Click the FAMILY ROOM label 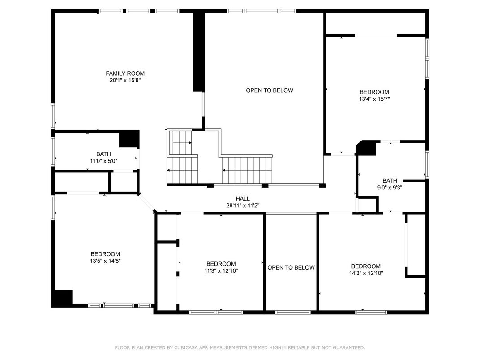tap(125, 73)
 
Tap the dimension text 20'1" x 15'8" tap(125, 81)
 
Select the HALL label tap(243, 199)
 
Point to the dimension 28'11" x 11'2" tap(243, 206)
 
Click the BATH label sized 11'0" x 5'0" tap(103, 154)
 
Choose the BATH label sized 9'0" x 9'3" tap(390, 180)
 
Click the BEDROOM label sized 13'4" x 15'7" tap(374, 92)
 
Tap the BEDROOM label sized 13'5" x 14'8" tap(105, 254)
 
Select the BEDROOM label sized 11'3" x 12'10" tap(221, 264)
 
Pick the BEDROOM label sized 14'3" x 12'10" tap(366, 266)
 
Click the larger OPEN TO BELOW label tap(270, 90)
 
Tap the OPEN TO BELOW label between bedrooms tap(291, 268)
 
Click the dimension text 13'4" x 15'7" tap(374, 99)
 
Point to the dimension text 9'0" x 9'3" tap(390, 188)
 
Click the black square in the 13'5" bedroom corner tap(62, 298)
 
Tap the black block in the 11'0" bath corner tap(129, 139)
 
